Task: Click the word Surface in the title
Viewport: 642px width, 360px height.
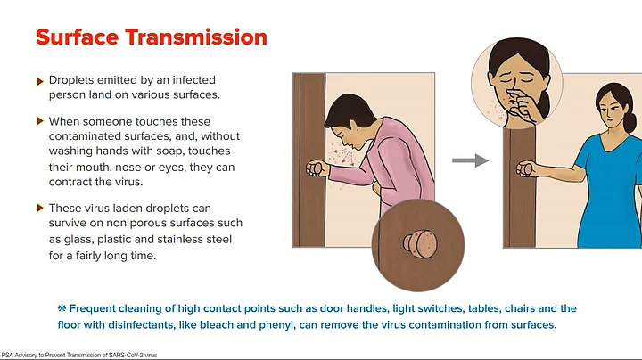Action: (x=78, y=37)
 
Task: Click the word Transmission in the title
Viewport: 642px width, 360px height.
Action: (x=196, y=37)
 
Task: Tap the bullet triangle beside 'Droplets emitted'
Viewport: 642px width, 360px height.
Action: (x=40, y=81)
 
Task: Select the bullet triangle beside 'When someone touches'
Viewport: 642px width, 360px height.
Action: (x=40, y=121)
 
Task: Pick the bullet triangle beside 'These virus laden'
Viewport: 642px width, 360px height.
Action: (x=40, y=208)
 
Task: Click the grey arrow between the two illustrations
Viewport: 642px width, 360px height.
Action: (x=471, y=160)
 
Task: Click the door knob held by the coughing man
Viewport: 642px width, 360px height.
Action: (x=315, y=168)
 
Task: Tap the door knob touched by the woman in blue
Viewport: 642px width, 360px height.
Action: (x=524, y=169)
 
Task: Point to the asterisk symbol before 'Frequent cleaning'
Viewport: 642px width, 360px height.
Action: (x=62, y=308)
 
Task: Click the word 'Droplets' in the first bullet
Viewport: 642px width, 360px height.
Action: (x=71, y=80)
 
